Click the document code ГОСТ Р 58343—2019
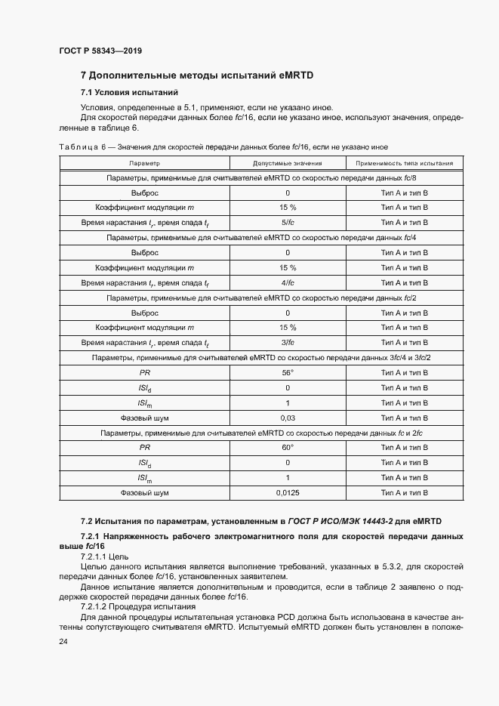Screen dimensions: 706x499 pos(100,51)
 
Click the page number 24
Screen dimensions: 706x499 pos(63,641)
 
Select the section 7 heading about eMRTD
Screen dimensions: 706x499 pos(196,76)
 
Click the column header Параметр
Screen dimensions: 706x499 pos(144,162)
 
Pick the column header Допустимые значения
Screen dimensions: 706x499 pos(288,162)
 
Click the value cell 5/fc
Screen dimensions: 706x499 pos(288,223)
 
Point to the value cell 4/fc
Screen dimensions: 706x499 pos(288,282)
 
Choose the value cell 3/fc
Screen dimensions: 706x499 pos(288,342)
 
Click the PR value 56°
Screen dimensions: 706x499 pos(288,372)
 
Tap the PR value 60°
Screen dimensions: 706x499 pos(288,447)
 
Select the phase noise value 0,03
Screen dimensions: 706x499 pos(288,418)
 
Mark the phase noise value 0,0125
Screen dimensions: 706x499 pos(288,492)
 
